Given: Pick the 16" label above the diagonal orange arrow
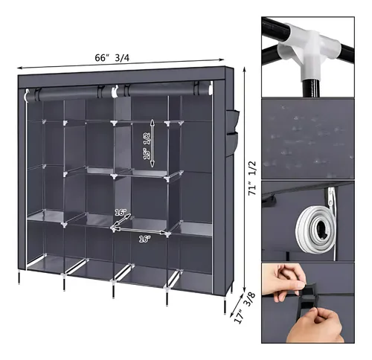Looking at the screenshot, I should point(121,212).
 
